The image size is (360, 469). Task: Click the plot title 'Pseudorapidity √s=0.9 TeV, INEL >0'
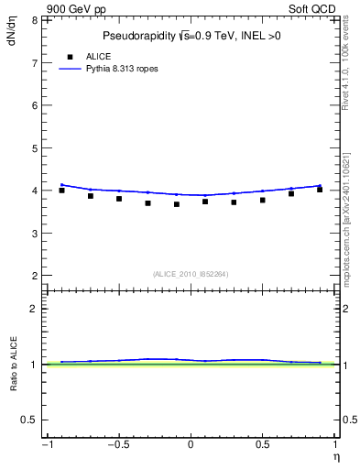(x=191, y=37)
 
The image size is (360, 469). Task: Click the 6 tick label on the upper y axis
(x=34, y=105)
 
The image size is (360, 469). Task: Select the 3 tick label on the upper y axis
(x=34, y=233)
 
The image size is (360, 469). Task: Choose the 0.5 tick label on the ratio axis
(x=29, y=420)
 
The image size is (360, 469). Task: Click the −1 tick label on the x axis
(x=46, y=445)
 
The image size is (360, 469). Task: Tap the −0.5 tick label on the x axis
(x=117, y=445)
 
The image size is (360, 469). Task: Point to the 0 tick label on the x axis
(x=191, y=445)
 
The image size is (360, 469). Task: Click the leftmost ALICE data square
(x=61, y=191)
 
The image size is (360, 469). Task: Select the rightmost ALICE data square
(x=320, y=190)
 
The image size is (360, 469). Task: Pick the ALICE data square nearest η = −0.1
(x=177, y=204)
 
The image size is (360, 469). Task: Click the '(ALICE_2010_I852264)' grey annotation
(x=191, y=273)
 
